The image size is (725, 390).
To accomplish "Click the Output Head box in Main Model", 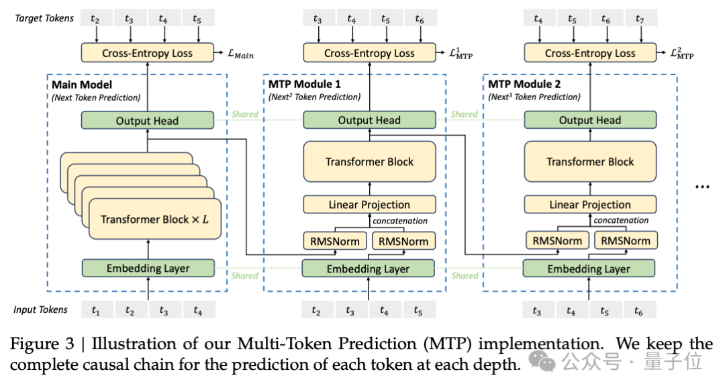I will [148, 121].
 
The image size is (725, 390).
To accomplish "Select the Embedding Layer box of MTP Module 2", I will [589, 269].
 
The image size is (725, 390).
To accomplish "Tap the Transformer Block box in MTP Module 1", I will [369, 162].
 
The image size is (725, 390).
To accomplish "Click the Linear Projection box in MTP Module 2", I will [590, 205].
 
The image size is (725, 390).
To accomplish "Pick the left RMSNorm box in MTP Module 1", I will [334, 241].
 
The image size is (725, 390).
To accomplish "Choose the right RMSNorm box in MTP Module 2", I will [625, 241].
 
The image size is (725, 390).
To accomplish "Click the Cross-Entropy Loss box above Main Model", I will [147, 53].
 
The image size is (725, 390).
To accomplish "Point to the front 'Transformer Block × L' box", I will [155, 219].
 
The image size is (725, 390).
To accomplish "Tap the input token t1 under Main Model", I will [96, 310].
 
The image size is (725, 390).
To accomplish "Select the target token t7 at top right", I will [640, 19].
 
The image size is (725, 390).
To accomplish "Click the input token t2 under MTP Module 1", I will [316, 310].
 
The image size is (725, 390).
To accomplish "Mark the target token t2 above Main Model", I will [96, 19].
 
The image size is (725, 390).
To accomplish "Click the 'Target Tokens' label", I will [44, 18].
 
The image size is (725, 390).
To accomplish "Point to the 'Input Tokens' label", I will [41, 309].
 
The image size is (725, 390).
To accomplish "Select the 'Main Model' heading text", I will [82, 85].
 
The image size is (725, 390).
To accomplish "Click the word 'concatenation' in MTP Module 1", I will [400, 221].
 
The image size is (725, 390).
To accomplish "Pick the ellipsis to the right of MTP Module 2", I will [702, 186].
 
